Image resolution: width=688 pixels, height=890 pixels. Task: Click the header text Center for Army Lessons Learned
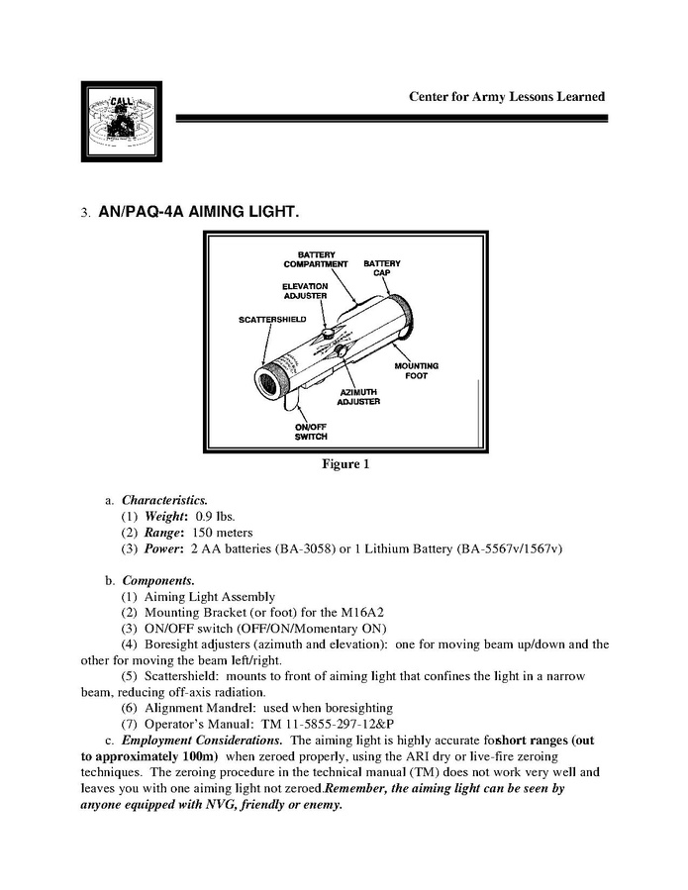click(x=506, y=97)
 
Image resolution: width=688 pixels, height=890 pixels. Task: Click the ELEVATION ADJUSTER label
click(x=305, y=291)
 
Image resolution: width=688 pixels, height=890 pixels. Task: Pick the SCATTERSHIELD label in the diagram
click(x=272, y=320)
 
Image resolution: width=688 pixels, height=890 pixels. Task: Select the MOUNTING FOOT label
click(x=416, y=371)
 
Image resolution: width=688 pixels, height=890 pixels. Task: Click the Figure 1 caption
click(x=344, y=464)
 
